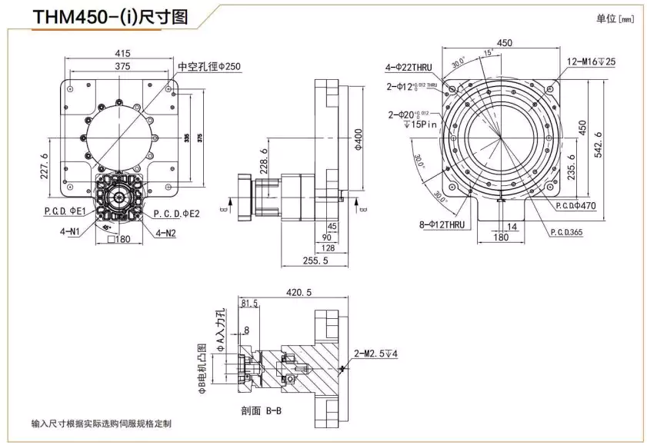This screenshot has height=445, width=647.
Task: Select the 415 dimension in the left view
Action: [122, 53]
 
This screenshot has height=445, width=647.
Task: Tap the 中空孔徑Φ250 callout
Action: [209, 67]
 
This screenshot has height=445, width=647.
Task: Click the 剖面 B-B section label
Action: [263, 411]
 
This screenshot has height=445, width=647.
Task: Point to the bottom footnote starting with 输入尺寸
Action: [102, 423]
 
